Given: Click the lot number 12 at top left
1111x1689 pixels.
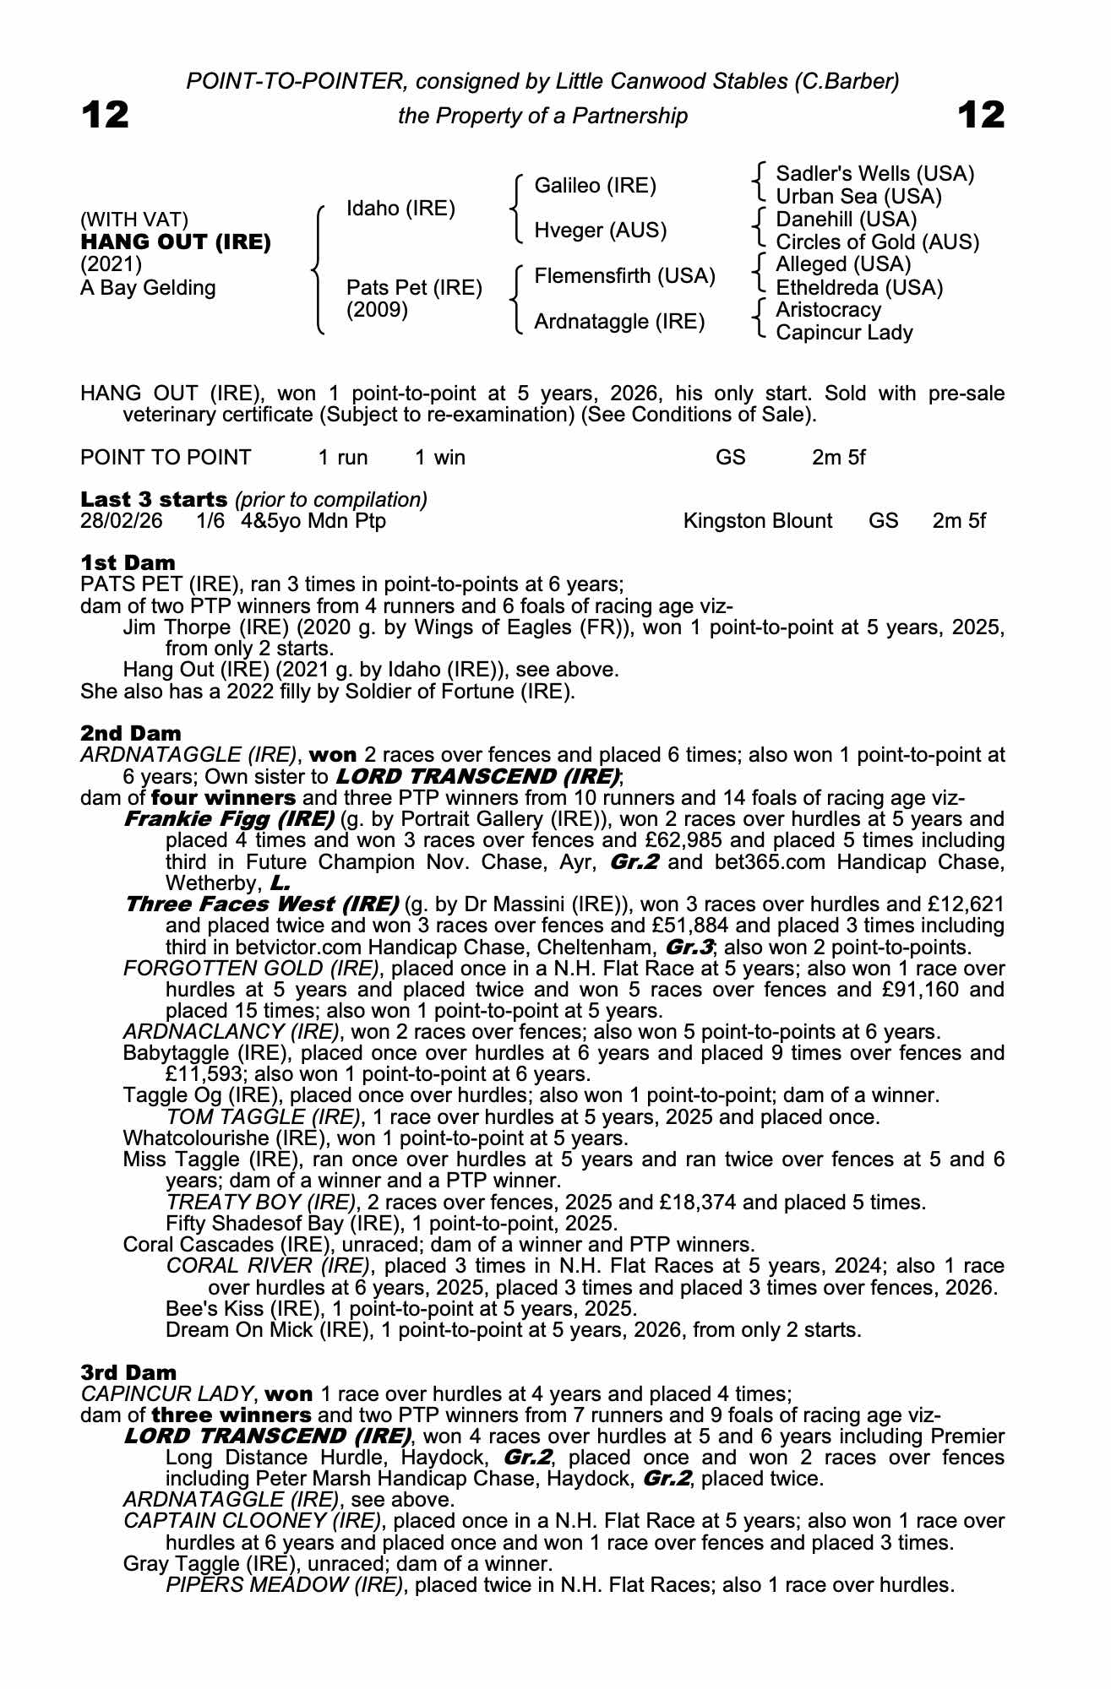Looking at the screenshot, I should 106,115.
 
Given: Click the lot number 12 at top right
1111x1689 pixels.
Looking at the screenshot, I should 982,115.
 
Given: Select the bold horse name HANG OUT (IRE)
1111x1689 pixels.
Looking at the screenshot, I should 176,242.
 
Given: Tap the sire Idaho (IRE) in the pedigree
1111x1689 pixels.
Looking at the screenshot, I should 400,209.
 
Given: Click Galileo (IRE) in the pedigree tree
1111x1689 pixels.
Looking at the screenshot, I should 595,186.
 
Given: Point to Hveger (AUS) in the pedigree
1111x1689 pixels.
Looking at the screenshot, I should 600,231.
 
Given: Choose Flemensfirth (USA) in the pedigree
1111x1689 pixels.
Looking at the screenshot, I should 624,276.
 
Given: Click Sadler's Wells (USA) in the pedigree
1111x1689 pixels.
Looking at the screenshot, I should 874,174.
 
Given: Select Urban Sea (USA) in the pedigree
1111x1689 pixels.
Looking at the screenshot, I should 858,197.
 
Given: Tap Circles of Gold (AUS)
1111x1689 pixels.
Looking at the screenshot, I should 877,242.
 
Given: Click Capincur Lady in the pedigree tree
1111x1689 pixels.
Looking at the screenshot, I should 844,333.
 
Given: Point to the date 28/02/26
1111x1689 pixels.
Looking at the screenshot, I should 122,521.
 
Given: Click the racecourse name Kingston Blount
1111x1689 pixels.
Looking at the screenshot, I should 758,521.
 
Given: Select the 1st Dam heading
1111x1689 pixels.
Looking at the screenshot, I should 128,562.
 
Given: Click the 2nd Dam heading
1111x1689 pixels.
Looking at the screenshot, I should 131,733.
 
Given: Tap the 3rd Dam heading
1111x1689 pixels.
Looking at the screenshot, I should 129,1372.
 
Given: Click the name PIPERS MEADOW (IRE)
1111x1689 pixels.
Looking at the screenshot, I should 285,1585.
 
